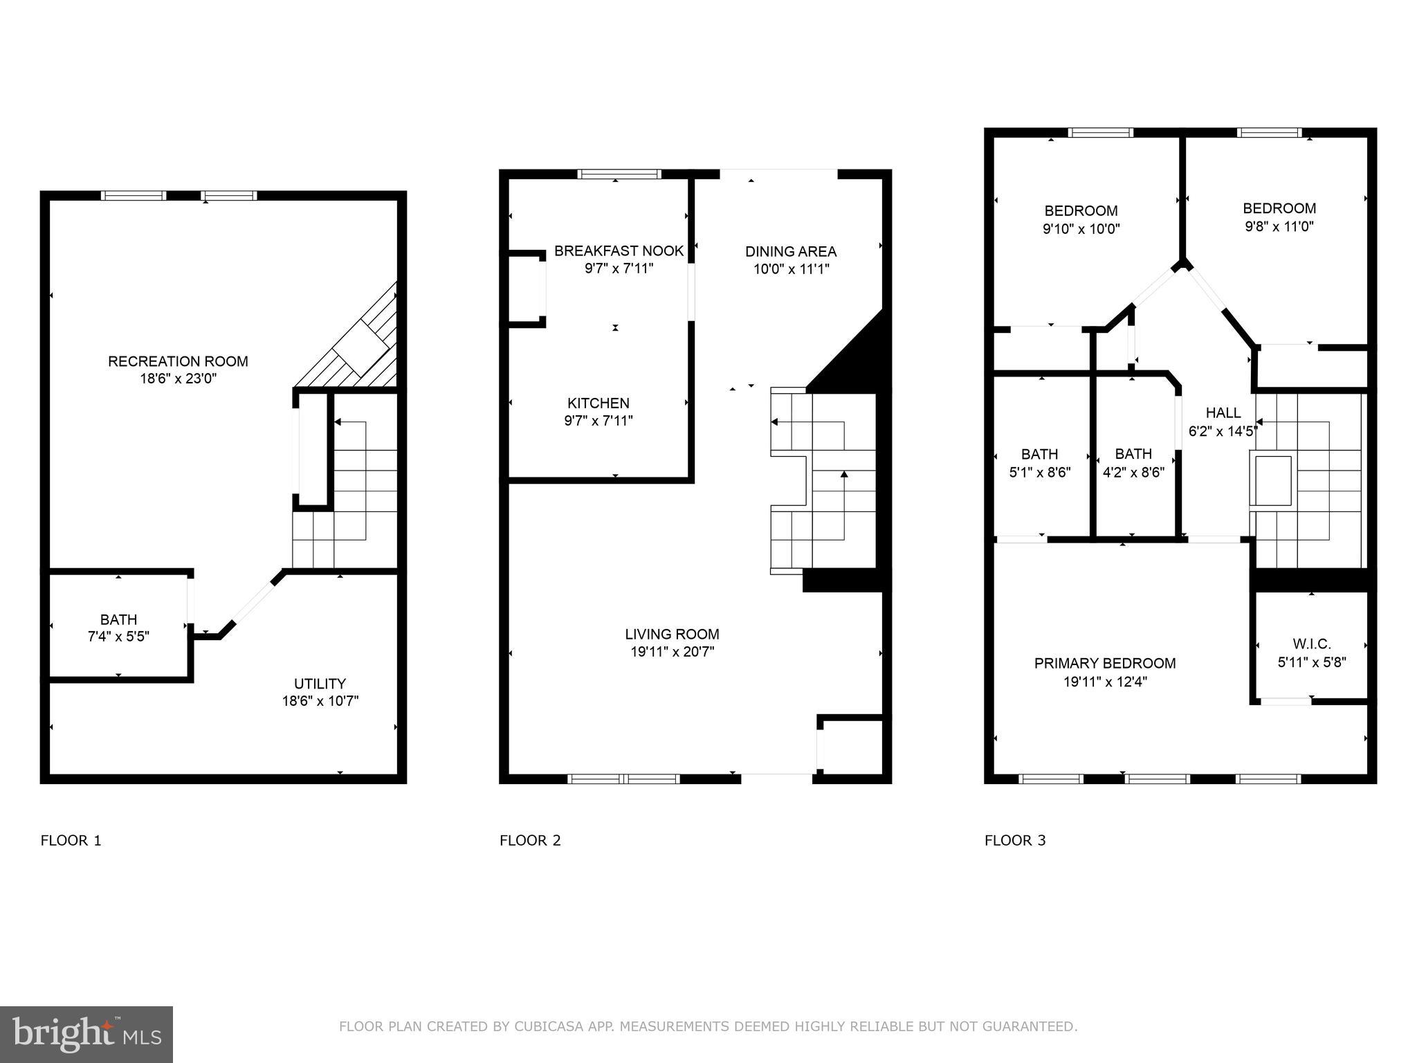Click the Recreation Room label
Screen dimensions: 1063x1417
(x=178, y=361)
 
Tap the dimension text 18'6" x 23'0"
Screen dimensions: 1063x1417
(x=178, y=379)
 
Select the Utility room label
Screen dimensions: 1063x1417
(x=320, y=684)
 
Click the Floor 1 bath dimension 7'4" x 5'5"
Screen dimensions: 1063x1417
(x=118, y=637)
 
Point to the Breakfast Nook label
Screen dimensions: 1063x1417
(x=619, y=251)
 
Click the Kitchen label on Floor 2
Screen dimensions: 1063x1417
(x=598, y=403)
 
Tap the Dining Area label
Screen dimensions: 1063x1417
(x=791, y=252)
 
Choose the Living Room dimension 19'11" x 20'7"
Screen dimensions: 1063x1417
(x=672, y=652)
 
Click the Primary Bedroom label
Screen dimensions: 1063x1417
(x=1105, y=664)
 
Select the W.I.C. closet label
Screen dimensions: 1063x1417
(x=1311, y=644)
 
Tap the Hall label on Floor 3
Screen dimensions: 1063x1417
(x=1223, y=413)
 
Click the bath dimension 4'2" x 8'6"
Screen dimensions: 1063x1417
(x=1133, y=473)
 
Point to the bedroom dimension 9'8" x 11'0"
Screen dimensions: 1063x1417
(x=1279, y=226)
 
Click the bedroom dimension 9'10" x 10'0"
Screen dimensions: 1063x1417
(x=1081, y=229)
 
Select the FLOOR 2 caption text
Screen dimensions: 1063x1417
(x=530, y=841)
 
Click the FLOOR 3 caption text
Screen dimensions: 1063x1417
(x=1015, y=841)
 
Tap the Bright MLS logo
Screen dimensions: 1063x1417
(x=86, y=1035)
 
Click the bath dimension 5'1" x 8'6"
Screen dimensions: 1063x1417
(x=1039, y=473)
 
